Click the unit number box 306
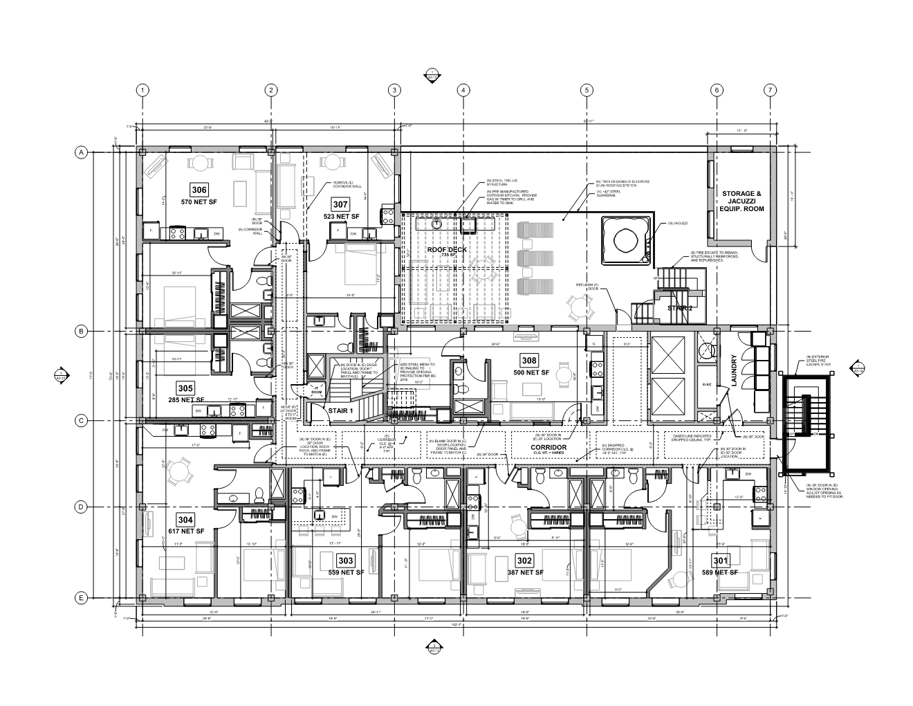click(x=199, y=190)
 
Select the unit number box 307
click(x=340, y=204)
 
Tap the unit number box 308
click(x=529, y=361)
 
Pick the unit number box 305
click(x=185, y=388)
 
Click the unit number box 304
click(x=185, y=520)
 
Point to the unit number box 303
click(x=345, y=560)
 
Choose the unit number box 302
click(x=524, y=560)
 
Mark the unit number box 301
click(x=721, y=560)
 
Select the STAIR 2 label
click(x=679, y=309)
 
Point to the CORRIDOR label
click(x=548, y=448)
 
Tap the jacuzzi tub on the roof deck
click(x=626, y=240)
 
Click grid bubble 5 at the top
click(x=587, y=90)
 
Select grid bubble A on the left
click(x=80, y=152)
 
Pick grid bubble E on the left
click(x=80, y=598)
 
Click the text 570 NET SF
click(x=199, y=203)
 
